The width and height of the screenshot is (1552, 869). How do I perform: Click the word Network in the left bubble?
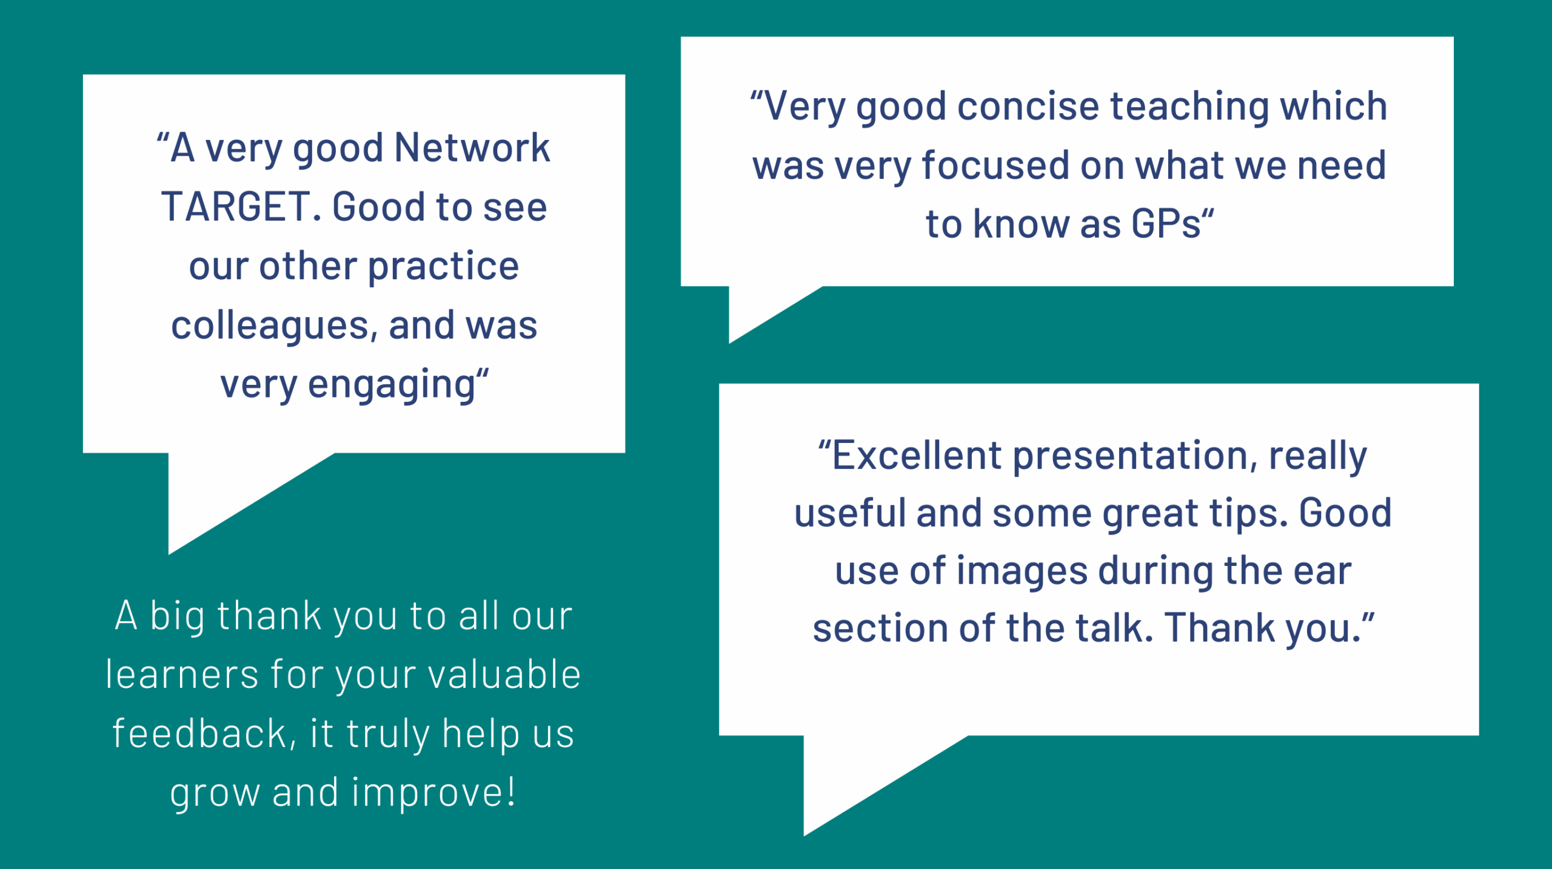[x=472, y=147]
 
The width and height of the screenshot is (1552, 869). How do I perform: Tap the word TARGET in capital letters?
[x=236, y=207]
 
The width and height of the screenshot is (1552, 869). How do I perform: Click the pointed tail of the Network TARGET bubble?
[x=169, y=553]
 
